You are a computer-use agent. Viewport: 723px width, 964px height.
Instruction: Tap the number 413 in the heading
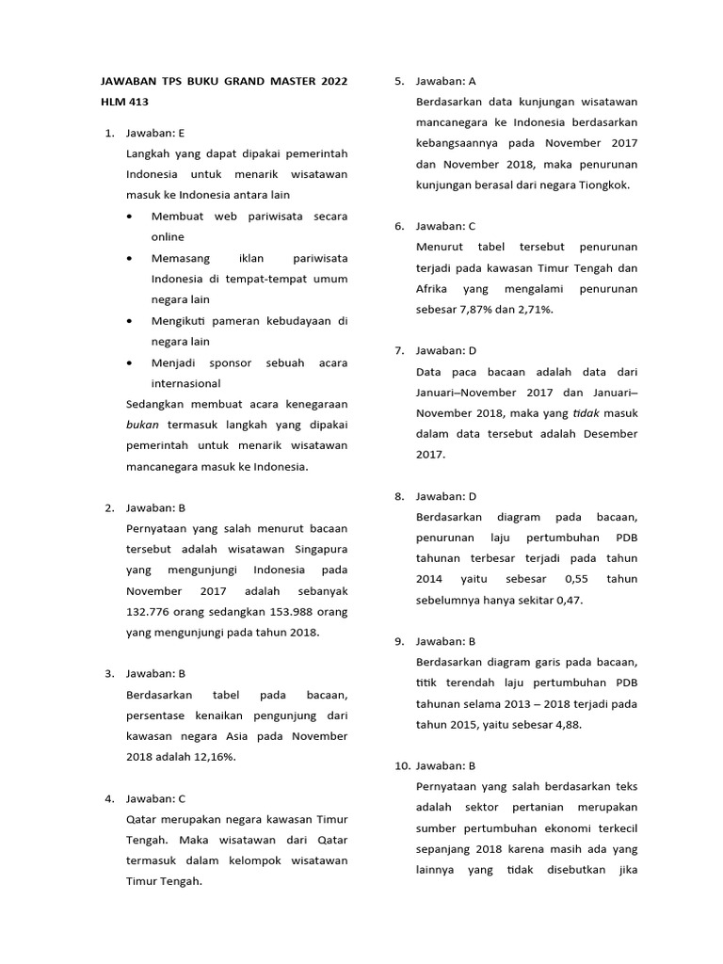pyautogui.click(x=138, y=103)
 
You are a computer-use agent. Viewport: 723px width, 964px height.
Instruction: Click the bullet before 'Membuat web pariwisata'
pyautogui.click(x=129, y=217)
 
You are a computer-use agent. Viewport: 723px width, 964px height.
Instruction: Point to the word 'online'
pyautogui.click(x=168, y=237)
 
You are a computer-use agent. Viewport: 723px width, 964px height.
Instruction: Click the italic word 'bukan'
pyautogui.click(x=141, y=425)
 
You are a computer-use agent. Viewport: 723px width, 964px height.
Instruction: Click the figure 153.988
pyautogui.click(x=282, y=612)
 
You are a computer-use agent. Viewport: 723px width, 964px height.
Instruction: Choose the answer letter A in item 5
pyautogui.click(x=473, y=82)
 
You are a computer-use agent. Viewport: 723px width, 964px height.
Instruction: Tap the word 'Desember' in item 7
pyautogui.click(x=610, y=434)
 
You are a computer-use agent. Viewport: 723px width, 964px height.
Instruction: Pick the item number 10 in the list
pyautogui.click(x=402, y=766)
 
